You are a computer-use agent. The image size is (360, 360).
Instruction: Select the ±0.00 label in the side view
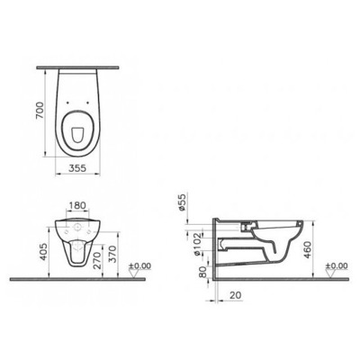pyautogui.click(x=334, y=265)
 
